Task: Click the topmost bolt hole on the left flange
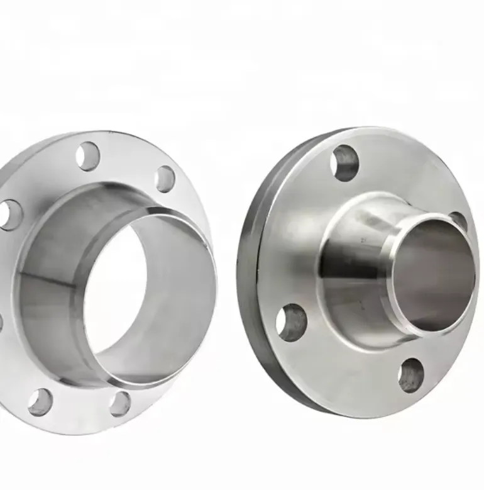88,156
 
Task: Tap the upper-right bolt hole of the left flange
165,179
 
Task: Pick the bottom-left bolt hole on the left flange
40,402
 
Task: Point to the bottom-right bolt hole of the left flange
119,403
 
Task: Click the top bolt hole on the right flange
345,163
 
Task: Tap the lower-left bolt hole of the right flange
291,322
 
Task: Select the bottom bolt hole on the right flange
410,376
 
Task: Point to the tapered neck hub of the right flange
352,264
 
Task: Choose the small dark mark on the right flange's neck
363,240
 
